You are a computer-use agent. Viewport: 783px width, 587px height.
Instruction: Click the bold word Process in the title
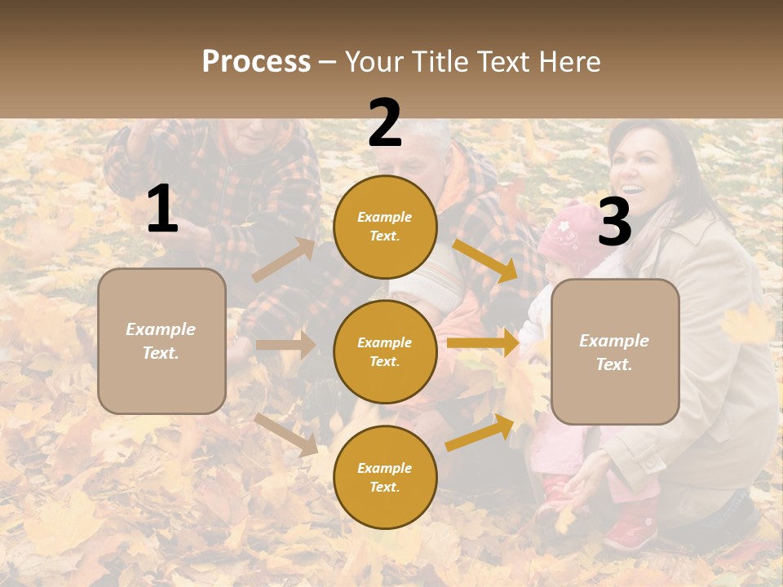(x=256, y=62)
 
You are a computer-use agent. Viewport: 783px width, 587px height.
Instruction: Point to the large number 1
(x=161, y=210)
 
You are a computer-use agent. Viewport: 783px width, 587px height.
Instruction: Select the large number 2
(x=385, y=123)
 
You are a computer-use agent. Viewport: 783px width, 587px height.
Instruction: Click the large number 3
(x=614, y=222)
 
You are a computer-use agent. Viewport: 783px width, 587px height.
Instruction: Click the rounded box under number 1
(x=161, y=341)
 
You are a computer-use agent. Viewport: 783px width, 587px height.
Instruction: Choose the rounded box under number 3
(x=615, y=351)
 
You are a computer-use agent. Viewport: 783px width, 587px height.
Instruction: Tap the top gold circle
(x=385, y=227)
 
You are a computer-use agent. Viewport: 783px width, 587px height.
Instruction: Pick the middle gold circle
(x=385, y=351)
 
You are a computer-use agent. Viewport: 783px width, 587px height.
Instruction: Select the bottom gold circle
(x=385, y=477)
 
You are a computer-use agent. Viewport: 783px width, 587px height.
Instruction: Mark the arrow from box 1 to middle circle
(x=285, y=345)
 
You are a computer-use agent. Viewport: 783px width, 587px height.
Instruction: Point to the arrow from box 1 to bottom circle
(x=285, y=435)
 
